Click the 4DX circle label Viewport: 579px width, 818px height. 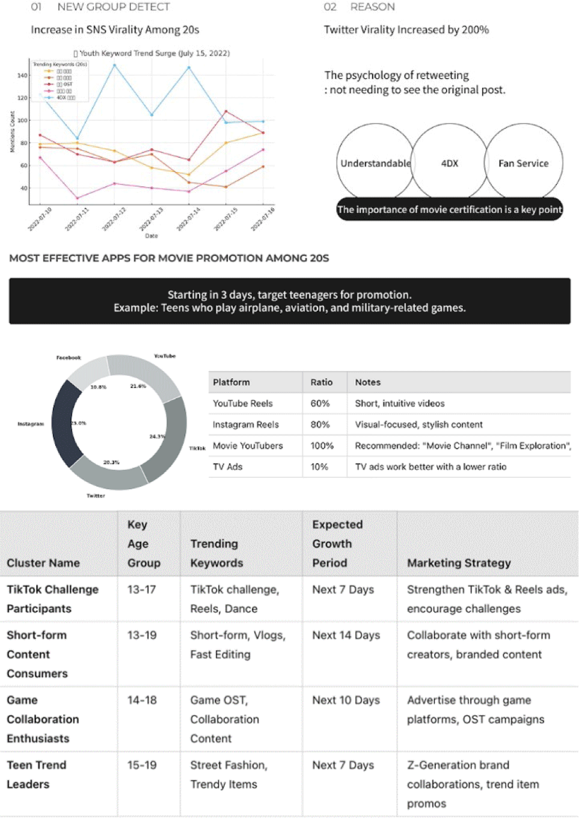coord(449,164)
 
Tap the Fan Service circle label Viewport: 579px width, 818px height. coord(523,164)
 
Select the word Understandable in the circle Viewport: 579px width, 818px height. coord(375,164)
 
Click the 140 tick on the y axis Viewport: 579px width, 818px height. coord(22,76)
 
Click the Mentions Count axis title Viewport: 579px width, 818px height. coord(13,132)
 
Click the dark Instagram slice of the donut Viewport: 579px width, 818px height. coord(65,423)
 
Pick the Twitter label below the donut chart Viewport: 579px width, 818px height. coord(96,496)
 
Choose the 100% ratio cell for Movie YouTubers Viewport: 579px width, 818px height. coord(322,446)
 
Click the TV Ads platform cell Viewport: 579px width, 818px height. coord(227,467)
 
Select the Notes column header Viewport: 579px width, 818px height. coord(367,383)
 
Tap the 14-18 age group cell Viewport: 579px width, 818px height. coord(142,700)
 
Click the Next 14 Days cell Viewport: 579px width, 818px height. coord(346,635)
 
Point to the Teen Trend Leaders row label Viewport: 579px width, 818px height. coord(36,775)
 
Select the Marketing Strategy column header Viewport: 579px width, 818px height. coord(459,563)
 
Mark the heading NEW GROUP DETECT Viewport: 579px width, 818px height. coord(114,7)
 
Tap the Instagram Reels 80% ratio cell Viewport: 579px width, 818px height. coord(320,425)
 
